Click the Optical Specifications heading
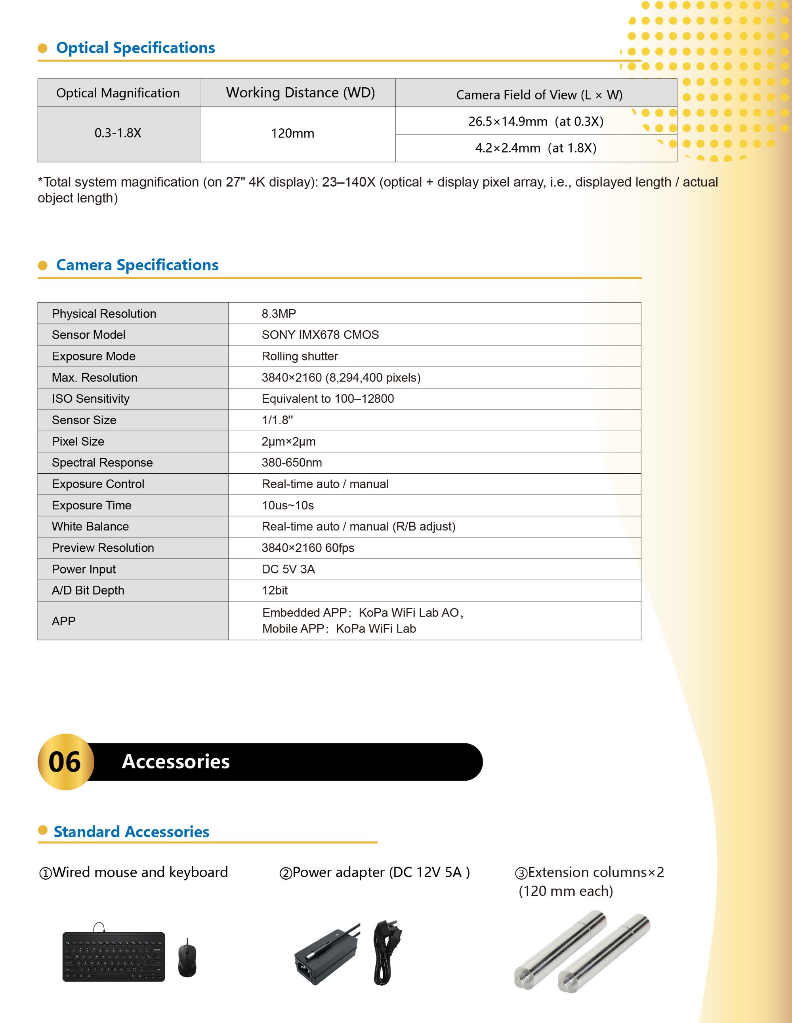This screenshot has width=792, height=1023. coord(135,48)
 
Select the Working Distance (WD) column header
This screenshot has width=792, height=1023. coord(300,93)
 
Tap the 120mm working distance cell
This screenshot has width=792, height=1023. coord(292,133)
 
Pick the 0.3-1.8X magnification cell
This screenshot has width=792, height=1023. coord(118,133)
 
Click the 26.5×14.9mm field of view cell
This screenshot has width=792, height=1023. coord(535,121)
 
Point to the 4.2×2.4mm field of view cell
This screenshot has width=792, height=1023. coord(535,148)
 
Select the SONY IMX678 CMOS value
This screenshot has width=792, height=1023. coord(320,335)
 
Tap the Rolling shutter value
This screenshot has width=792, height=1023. coord(300,356)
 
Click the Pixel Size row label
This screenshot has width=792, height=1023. coord(78,442)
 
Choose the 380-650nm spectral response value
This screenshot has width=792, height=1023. coord(292,463)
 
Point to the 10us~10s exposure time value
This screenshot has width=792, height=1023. coord(287,505)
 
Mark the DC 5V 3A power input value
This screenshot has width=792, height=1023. coord(288,569)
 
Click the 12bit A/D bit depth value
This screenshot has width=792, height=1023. coord(275,591)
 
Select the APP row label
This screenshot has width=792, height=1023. coord(63,621)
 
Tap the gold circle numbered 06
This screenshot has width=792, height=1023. coord(66,762)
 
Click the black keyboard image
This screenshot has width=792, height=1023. coord(113,956)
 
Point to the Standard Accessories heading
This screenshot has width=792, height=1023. coord(131,832)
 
